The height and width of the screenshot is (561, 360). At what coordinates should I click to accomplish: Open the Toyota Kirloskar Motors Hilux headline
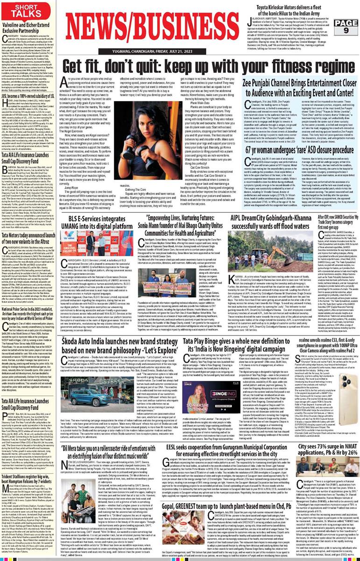(x=299, y=8)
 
